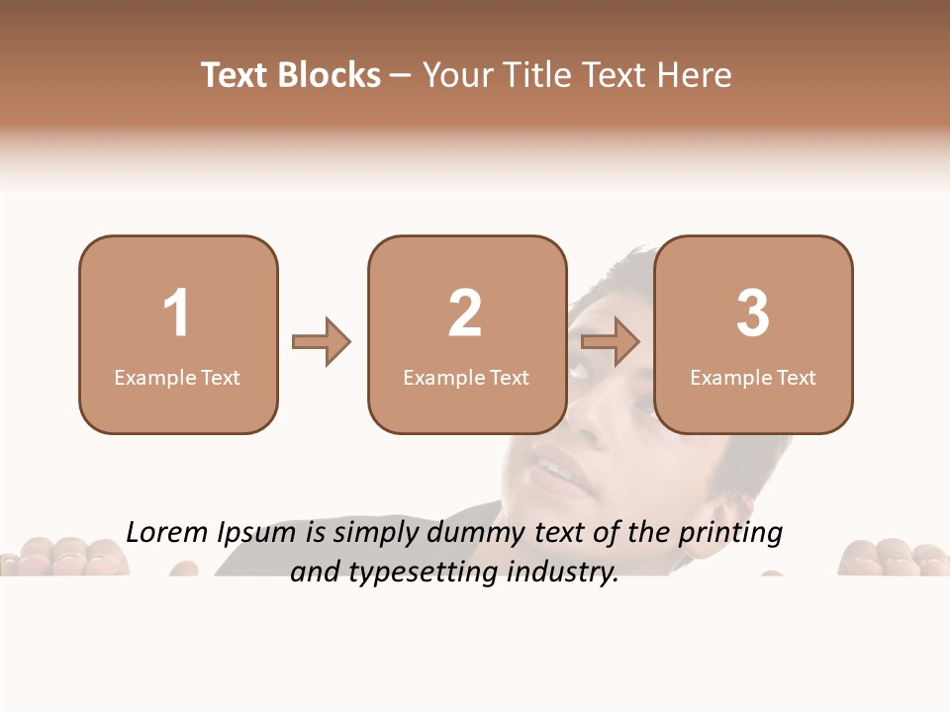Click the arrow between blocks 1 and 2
pos(322,342)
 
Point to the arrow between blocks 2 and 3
pos(611,342)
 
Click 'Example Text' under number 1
pos(177,377)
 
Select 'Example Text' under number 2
pos(466,377)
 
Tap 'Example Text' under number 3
pos(753,377)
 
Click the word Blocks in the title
pos(329,75)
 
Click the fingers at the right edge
pos(891,557)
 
